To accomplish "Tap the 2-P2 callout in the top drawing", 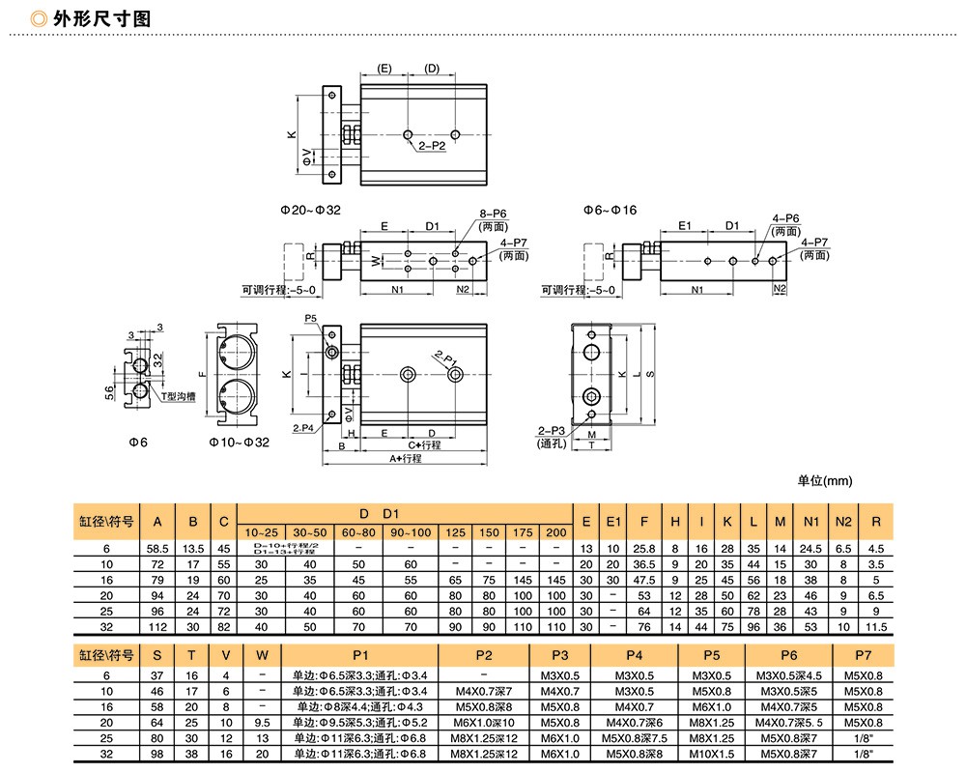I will [432, 147].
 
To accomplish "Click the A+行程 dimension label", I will [406, 458].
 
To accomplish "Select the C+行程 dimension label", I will [423, 445].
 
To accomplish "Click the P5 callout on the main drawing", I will [310, 318].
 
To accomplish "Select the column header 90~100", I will [410, 532].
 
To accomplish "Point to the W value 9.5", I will [262, 722].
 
